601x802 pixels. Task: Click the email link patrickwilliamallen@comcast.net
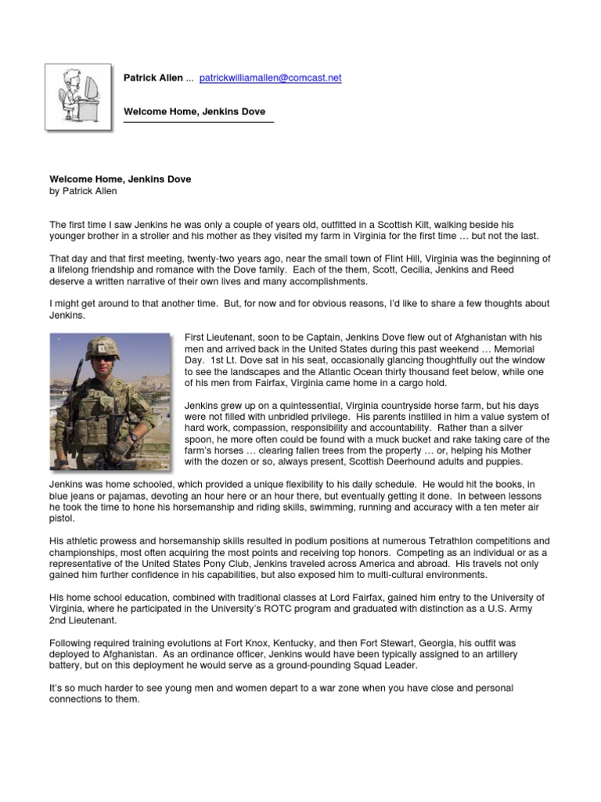pos(271,78)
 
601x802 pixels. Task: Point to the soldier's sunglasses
pos(103,361)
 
